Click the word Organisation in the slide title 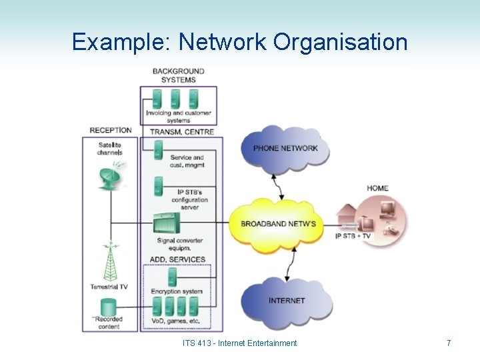[x=340, y=42]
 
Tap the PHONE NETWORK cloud [x=285, y=147]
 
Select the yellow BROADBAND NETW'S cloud [x=279, y=223]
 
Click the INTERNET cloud [x=287, y=301]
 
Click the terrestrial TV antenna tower [x=108, y=263]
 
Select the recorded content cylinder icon [x=107, y=308]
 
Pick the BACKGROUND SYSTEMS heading [x=178, y=75]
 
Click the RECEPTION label [x=111, y=130]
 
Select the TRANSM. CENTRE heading [x=181, y=132]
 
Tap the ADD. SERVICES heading [x=177, y=259]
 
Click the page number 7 [x=449, y=343]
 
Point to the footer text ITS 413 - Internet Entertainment [x=239, y=343]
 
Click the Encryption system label [x=177, y=291]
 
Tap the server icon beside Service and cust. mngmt [x=158, y=151]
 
